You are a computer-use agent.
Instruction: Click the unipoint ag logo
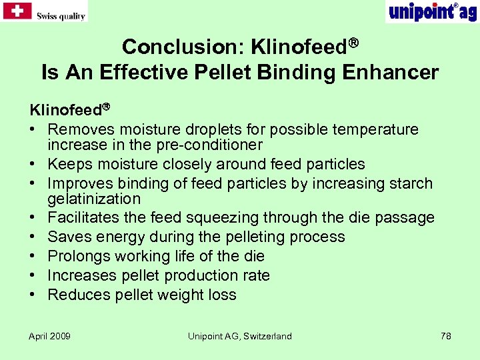click(x=431, y=11)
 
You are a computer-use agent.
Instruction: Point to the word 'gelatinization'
click(x=94, y=199)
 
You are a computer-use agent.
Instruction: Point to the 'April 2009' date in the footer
click(x=49, y=336)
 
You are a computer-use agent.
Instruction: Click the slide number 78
click(x=446, y=336)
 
